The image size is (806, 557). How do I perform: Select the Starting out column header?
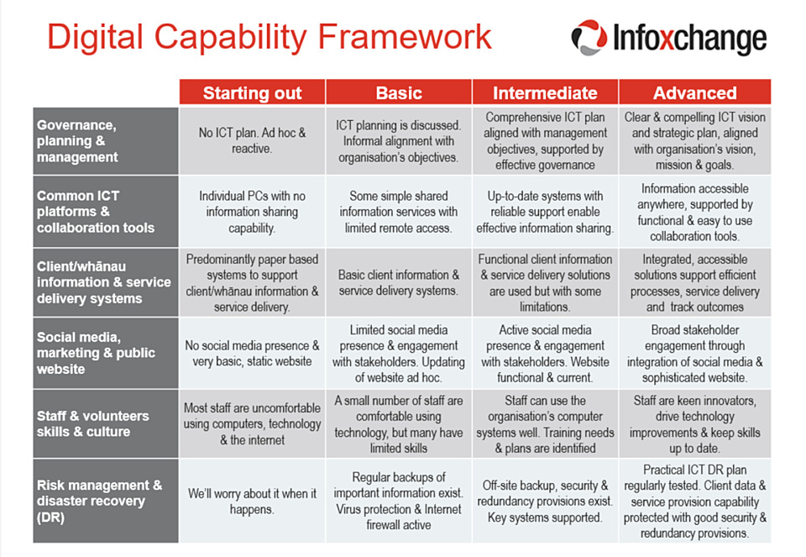pyautogui.click(x=252, y=92)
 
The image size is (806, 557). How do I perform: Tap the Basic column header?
pyautogui.click(x=399, y=92)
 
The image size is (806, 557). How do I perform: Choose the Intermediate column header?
pyautogui.click(x=545, y=92)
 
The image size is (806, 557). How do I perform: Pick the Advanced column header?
pyautogui.click(x=694, y=92)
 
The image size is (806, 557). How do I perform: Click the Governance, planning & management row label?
pyautogui.click(x=105, y=140)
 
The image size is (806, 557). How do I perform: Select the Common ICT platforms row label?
pyautogui.click(x=105, y=212)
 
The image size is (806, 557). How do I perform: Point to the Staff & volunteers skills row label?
pyautogui.click(x=105, y=424)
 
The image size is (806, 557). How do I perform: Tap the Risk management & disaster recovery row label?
pyautogui.click(x=105, y=501)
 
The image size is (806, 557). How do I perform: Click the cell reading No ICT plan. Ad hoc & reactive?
pyautogui.click(x=252, y=140)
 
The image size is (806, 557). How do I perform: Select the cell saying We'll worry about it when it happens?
pyautogui.click(x=252, y=501)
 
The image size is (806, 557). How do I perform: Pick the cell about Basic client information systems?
pyautogui.click(x=399, y=282)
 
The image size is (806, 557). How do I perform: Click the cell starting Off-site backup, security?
pyautogui.click(x=545, y=501)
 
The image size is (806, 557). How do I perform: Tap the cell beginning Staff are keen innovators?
pyautogui.click(x=694, y=424)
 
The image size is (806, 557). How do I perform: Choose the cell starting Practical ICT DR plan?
pyautogui.click(x=694, y=501)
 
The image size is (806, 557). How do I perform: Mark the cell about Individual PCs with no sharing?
pyautogui.click(x=252, y=212)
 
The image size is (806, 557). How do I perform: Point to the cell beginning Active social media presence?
pyautogui.click(x=545, y=354)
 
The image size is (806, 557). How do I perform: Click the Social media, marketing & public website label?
pyautogui.click(x=105, y=354)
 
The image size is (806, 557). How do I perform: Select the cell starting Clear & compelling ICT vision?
pyautogui.click(x=694, y=140)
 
